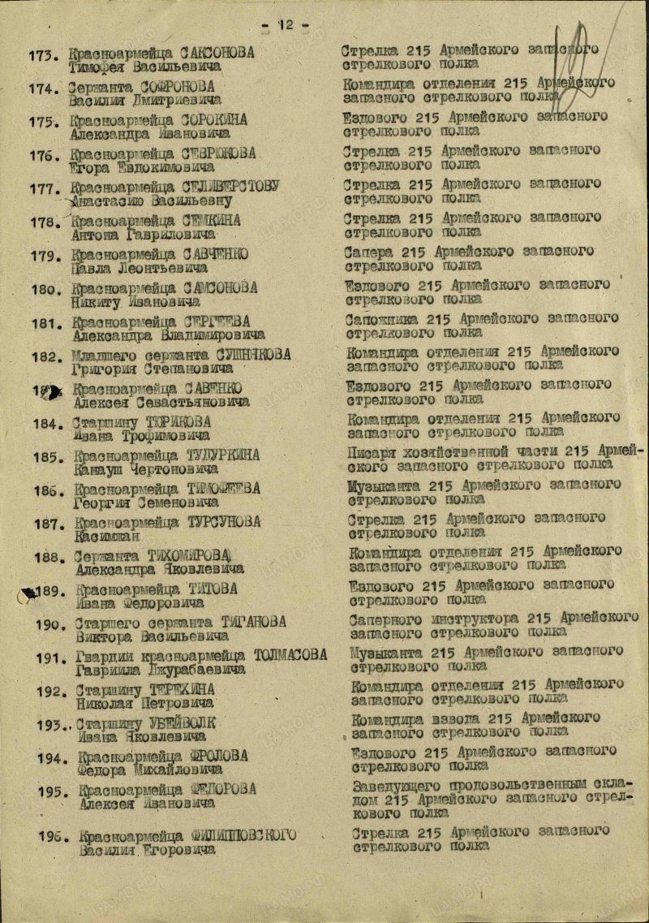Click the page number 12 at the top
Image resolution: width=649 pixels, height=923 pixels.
point(286,24)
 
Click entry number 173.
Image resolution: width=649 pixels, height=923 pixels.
point(45,56)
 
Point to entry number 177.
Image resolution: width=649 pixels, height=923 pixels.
point(45,191)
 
